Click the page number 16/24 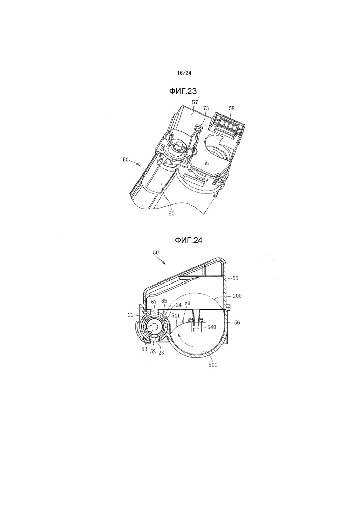point(184,73)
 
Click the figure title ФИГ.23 point(183,91)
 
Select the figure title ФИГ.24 point(188,240)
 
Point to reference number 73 point(206,108)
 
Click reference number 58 point(231,108)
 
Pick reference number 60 point(171,213)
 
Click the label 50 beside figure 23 point(126,160)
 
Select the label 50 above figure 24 point(156,252)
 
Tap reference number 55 point(236,278)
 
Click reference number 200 point(237,296)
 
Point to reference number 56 point(237,323)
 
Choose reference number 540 point(212,327)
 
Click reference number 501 point(213,365)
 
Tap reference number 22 point(130,315)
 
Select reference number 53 point(144,349)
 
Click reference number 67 point(154,302)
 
